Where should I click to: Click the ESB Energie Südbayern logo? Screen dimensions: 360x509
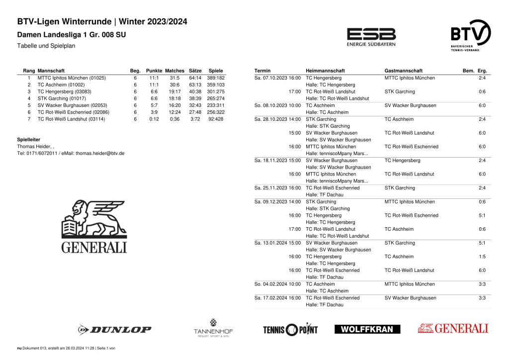point(371,37)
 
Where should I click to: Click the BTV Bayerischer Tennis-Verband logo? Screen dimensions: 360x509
point(470,35)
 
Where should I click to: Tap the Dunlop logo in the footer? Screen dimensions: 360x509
point(114,329)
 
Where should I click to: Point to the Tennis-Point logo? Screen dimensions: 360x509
point(290,329)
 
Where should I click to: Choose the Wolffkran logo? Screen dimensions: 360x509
point(367,329)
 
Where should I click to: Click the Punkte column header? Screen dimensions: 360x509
point(154,71)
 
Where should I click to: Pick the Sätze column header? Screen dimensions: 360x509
point(195,71)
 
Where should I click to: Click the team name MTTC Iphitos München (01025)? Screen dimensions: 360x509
point(72,78)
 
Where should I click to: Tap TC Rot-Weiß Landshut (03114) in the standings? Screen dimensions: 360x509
point(71,119)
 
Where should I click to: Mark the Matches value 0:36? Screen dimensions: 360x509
point(174,119)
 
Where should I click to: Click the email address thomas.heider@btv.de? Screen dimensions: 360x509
point(100,154)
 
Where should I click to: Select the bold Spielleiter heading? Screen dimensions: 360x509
point(29,140)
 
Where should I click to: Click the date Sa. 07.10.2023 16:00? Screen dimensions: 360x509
point(277,78)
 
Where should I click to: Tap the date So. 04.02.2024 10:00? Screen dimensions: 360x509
point(277,284)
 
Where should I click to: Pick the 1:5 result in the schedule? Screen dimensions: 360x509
point(482,257)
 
